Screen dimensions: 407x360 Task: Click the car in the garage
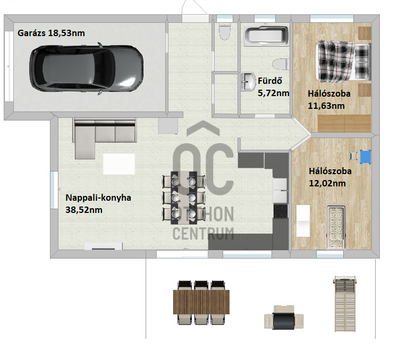(x=86, y=68)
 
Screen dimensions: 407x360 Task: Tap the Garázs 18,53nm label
(x=51, y=33)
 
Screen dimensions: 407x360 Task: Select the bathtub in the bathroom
(x=267, y=36)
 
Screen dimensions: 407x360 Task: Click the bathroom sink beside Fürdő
(x=248, y=81)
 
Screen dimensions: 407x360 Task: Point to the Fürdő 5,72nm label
(x=273, y=87)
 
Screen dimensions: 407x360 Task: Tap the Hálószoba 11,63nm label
(x=329, y=100)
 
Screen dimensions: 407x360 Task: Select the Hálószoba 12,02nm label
(x=330, y=177)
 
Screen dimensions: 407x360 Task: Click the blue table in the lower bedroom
(x=366, y=157)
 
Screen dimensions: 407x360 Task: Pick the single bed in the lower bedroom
(x=336, y=227)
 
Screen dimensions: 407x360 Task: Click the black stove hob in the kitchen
(x=281, y=211)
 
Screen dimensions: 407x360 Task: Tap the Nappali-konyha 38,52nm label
(x=98, y=203)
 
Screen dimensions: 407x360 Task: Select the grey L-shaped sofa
(x=104, y=138)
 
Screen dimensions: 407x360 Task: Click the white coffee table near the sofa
(x=119, y=164)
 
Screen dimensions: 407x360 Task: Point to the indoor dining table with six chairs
(x=183, y=198)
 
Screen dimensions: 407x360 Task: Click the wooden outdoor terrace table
(x=201, y=302)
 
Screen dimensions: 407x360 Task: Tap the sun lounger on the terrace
(x=345, y=304)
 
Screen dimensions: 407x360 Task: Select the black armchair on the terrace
(x=283, y=318)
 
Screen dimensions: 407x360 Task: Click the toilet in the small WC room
(x=225, y=31)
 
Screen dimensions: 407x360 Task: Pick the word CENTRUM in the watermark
(x=204, y=234)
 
